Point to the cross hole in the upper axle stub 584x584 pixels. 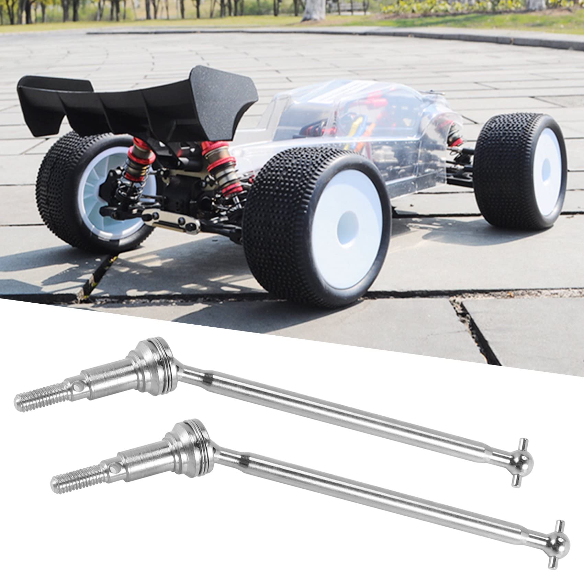(x=77, y=386)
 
